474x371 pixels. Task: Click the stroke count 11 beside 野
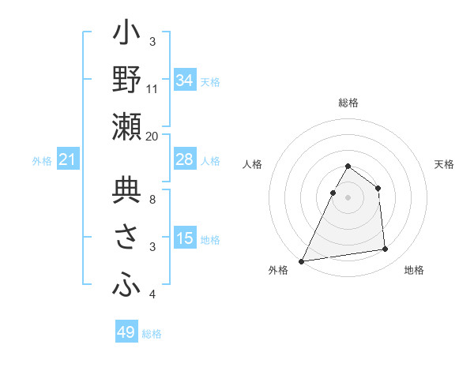point(152,88)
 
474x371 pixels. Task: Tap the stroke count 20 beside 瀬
point(152,136)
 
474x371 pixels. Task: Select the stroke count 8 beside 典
point(152,200)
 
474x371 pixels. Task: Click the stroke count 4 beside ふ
point(152,294)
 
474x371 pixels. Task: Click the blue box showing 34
point(184,81)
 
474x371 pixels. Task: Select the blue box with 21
point(68,160)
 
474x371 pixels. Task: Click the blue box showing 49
point(126,332)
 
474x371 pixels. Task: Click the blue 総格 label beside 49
point(152,334)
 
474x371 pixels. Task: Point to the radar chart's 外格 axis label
point(278,271)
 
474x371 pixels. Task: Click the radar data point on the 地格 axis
point(386,249)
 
